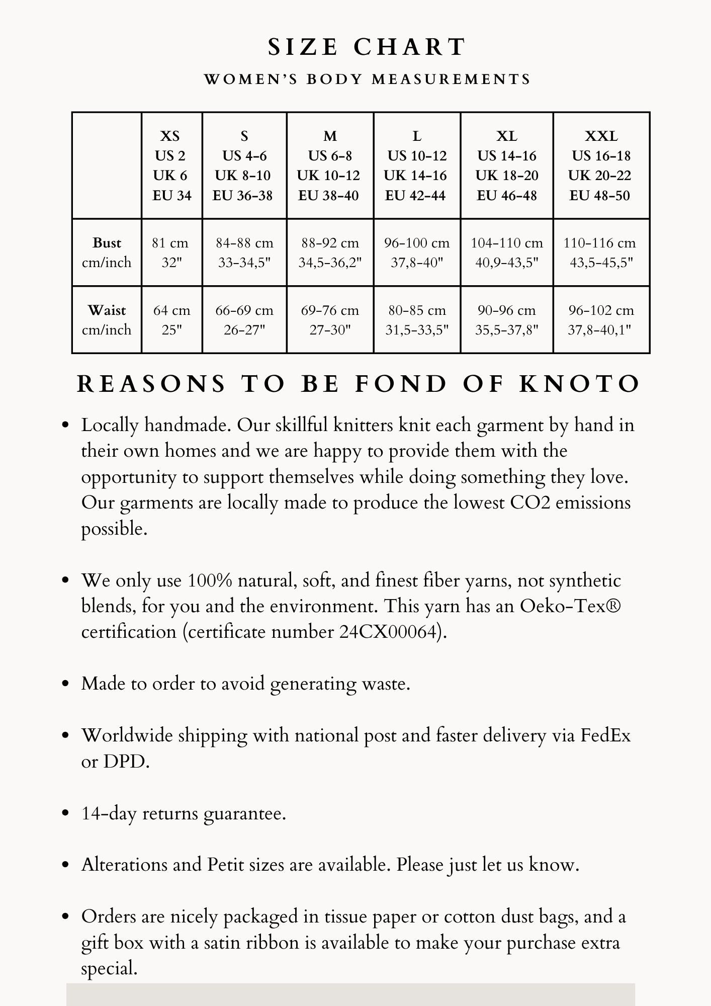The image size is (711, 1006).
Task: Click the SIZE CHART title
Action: click(x=367, y=47)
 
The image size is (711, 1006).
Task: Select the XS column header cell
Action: click(x=171, y=165)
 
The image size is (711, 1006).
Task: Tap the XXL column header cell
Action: click(x=601, y=165)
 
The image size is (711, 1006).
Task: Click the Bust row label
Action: click(x=107, y=253)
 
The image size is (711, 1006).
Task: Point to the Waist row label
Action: click(x=107, y=320)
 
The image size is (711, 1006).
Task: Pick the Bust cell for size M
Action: click(x=330, y=253)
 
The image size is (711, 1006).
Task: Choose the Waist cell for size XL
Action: click(x=506, y=320)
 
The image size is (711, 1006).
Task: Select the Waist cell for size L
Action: click(x=417, y=320)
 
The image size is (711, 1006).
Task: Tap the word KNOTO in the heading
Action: click(x=579, y=384)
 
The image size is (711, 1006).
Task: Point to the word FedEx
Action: click(x=605, y=735)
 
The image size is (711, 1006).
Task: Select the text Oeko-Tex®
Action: click(x=570, y=606)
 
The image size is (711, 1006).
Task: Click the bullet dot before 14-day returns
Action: click(x=65, y=813)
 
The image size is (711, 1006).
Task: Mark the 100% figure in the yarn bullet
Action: click(x=210, y=580)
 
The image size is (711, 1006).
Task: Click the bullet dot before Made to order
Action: click(x=65, y=684)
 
